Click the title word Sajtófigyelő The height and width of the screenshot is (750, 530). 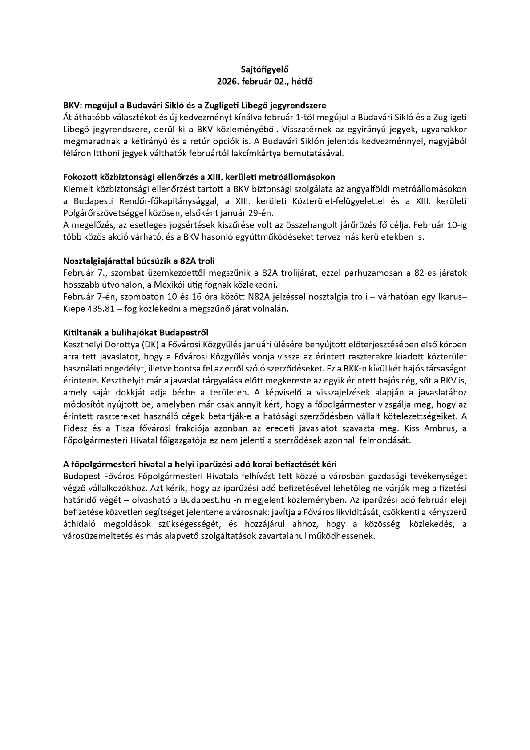pos(265,69)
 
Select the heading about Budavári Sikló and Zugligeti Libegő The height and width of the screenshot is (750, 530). pos(194,106)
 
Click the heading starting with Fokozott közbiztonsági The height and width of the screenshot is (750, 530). pos(199,177)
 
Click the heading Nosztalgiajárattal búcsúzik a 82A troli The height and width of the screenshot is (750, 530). pos(139,261)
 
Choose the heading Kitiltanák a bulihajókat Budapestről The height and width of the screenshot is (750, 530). pos(136,333)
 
